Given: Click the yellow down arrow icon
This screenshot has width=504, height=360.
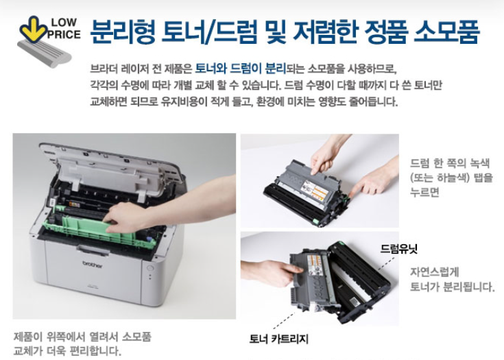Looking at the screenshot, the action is (34, 29).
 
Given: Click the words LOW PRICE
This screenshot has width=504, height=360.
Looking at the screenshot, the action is (64, 28).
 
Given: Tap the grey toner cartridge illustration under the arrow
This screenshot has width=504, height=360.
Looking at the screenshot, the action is (45, 53).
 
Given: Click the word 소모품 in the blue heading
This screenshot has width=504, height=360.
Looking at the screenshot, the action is (447, 32).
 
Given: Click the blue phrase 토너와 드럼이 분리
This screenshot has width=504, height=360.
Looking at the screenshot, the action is (241, 69).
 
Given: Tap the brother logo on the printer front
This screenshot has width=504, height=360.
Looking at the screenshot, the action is (93, 265).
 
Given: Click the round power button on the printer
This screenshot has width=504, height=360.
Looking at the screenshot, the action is (150, 268).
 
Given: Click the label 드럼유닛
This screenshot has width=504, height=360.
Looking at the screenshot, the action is (399, 248).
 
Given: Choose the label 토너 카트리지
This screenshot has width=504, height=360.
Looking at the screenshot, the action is (278, 339).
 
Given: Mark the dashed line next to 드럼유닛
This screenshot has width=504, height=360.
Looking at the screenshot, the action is (386, 263).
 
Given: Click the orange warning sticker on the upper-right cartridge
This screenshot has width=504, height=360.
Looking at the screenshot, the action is (319, 193).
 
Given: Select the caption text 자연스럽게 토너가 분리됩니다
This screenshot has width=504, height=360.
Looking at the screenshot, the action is (453, 279).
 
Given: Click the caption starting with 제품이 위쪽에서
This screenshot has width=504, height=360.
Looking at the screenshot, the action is (82, 344).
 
